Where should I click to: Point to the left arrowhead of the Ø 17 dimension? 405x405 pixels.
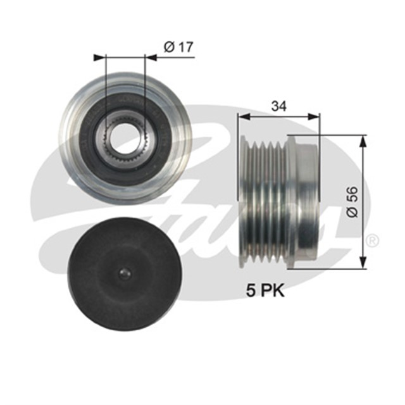98,58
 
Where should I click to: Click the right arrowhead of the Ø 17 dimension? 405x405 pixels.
153,58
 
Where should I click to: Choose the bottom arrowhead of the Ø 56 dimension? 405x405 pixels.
363,265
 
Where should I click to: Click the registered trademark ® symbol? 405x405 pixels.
373,240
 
